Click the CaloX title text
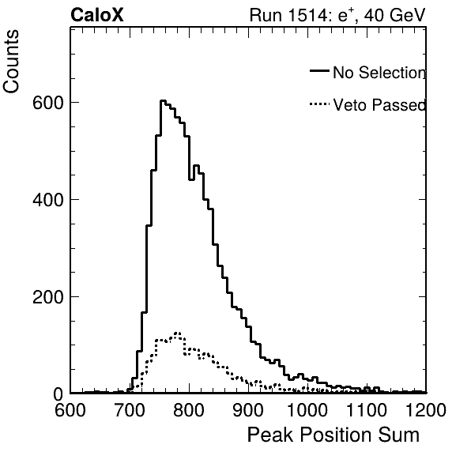[x=97, y=15]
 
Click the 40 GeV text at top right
[x=395, y=15]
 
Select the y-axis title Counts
[x=11, y=62]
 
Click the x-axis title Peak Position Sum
[x=333, y=435]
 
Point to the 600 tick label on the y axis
[x=48, y=103]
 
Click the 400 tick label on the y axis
[x=48, y=200]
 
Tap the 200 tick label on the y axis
[x=48, y=297]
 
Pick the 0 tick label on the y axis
[x=58, y=394]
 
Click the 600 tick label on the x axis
[x=70, y=410]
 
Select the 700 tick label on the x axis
[x=130, y=410]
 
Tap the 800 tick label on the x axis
[x=189, y=410]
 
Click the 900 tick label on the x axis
[x=248, y=410]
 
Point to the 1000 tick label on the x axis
[x=307, y=410]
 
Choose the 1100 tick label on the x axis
[x=367, y=410]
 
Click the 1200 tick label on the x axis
[x=426, y=410]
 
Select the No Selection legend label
[x=379, y=73]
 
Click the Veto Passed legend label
[x=379, y=105]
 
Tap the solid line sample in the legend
[x=319, y=70]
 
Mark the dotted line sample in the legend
[x=319, y=104]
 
